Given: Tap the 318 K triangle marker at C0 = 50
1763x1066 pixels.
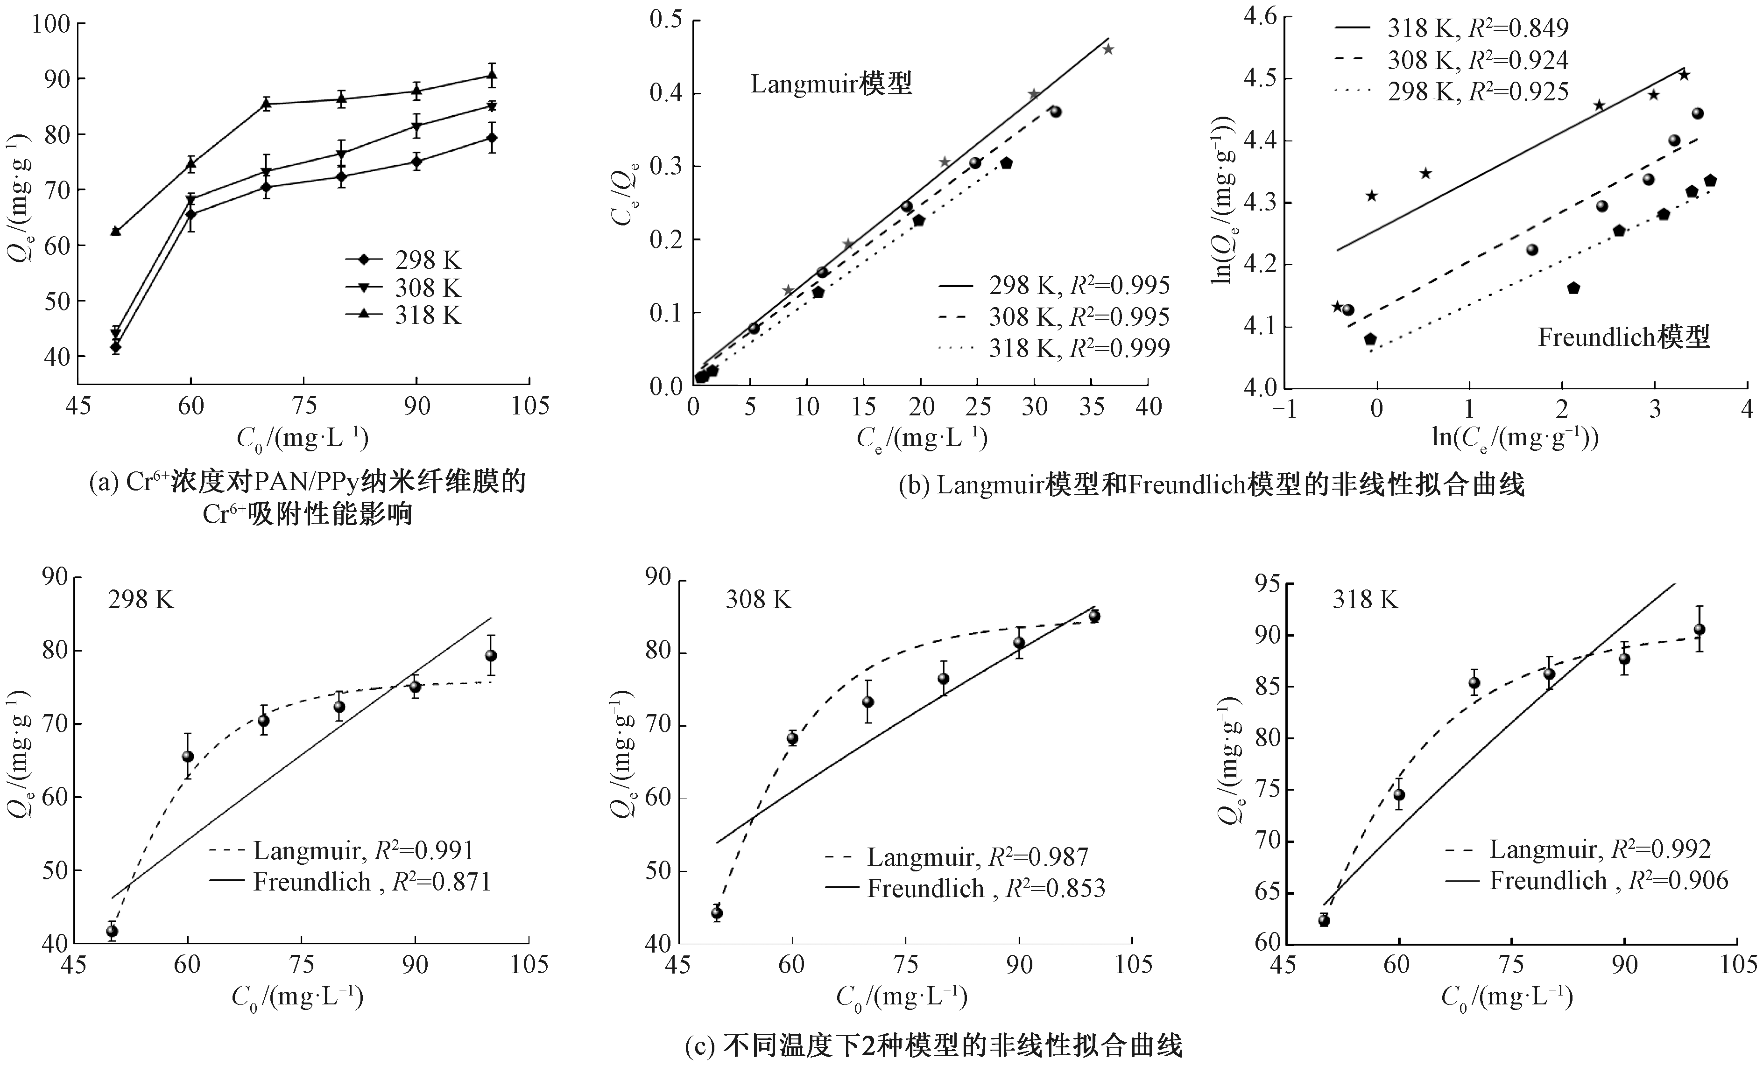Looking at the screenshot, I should (x=116, y=231).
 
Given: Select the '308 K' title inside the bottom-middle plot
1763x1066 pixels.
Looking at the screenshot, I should (x=758, y=600).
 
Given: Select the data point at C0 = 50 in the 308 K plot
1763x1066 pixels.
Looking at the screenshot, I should (x=717, y=913).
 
